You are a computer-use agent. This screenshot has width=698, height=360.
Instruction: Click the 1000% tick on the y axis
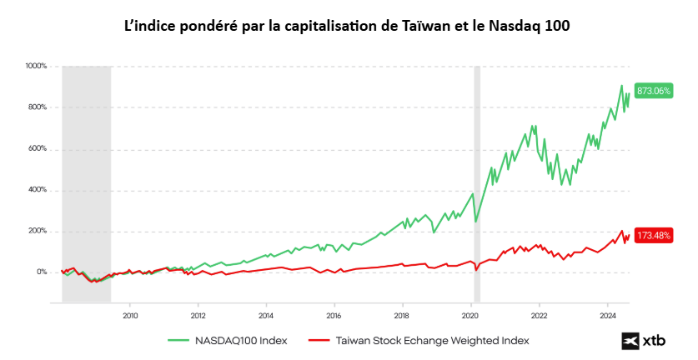[x=38, y=66]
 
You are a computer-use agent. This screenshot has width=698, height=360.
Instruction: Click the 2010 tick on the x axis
[x=130, y=316]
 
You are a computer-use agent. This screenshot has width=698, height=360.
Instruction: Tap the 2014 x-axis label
[x=266, y=316]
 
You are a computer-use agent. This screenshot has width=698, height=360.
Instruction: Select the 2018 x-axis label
[x=402, y=316]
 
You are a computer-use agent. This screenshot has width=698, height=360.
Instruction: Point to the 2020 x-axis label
[x=470, y=316]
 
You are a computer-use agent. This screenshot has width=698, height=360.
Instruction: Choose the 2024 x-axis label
[x=607, y=316]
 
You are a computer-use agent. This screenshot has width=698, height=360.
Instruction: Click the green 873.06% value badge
[x=653, y=91]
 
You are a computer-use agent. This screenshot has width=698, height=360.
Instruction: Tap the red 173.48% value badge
[x=653, y=236]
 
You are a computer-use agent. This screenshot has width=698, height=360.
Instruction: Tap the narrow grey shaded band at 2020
[x=477, y=183]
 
